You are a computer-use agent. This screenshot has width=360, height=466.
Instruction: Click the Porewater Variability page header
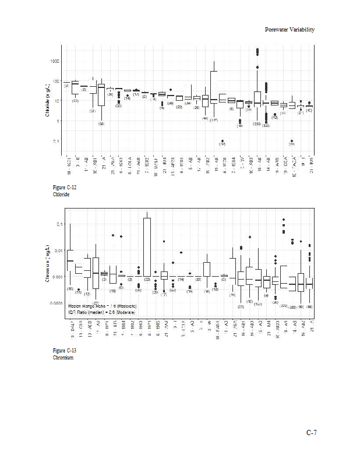point(290,30)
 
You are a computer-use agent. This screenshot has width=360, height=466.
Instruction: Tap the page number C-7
point(311,432)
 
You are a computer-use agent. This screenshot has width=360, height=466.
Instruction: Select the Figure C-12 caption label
point(65,188)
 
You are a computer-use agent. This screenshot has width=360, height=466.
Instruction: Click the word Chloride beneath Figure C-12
point(61,194)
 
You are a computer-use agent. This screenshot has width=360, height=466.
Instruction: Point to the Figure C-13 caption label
point(65,350)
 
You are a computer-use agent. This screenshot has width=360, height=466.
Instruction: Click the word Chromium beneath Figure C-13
point(63,357)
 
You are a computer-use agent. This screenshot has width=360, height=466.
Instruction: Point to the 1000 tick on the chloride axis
point(55,61)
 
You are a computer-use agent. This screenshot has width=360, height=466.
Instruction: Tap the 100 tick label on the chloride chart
point(56,81)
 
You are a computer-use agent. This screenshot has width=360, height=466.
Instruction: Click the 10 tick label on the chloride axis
point(57,101)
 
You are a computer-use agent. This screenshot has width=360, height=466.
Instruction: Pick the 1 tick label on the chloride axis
point(58,121)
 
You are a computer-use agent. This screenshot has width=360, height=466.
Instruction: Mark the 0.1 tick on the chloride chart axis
point(57,142)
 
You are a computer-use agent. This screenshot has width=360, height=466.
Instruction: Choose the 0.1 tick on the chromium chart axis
point(59,224)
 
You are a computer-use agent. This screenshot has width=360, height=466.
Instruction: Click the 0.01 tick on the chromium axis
point(58,250)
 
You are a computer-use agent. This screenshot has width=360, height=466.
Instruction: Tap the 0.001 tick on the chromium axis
point(57,277)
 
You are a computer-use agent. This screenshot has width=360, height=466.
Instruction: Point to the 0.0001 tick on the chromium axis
point(56,303)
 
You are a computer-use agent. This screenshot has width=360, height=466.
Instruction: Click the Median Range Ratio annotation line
point(102,305)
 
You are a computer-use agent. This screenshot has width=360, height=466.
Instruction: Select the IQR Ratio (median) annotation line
point(101,312)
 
